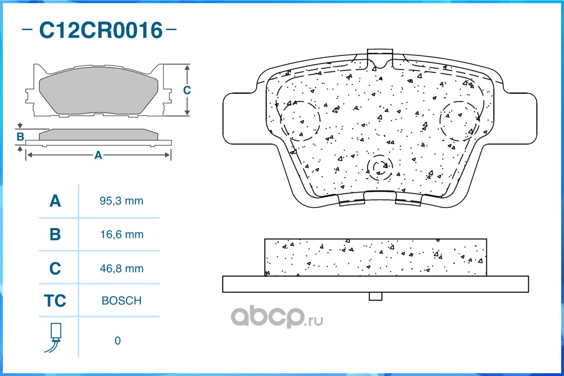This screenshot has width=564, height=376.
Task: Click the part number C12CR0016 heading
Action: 101,30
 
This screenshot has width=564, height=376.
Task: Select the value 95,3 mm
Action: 121,201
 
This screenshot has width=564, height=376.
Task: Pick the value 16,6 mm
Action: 121,235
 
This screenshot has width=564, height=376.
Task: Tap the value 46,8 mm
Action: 121,268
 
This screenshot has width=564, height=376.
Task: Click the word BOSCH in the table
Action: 121,300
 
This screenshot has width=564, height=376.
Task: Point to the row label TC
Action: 55,300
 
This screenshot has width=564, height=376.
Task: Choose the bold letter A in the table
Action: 55,201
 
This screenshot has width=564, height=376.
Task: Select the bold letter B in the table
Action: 55,235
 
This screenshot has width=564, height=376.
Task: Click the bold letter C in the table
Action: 55,268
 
